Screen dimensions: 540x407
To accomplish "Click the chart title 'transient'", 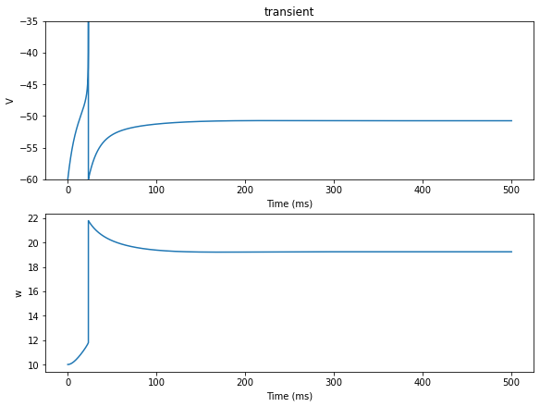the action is tap(288, 12).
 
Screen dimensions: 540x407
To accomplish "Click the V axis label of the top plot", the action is tap(9, 101).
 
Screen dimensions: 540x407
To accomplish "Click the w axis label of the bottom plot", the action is tap(18, 293).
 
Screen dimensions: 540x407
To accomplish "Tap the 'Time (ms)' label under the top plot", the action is tap(289, 203).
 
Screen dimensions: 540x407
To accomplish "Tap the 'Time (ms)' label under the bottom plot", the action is tap(289, 396).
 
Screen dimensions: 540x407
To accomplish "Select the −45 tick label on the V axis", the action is tap(29, 85).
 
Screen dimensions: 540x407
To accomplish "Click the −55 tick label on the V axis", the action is tap(29, 148).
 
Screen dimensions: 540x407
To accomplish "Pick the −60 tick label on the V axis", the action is tap(29, 179).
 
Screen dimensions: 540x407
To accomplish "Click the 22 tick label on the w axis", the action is tap(32, 218).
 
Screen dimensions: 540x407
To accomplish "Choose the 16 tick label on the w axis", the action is tap(32, 291).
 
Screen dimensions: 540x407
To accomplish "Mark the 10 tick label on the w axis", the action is tap(32, 365).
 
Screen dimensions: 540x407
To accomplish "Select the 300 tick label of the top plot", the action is tap(334, 190).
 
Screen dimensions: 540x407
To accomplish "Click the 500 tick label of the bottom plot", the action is tap(511, 382).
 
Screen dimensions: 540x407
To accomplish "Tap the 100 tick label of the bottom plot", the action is tap(156, 382).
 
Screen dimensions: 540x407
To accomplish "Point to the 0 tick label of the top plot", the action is tap(68, 190).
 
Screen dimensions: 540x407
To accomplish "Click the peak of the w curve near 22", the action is tap(89, 220).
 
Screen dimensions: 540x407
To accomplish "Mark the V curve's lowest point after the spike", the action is tap(89, 179).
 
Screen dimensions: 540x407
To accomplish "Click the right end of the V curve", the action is tap(511, 120).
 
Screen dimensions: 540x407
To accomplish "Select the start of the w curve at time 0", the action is tap(67, 364).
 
